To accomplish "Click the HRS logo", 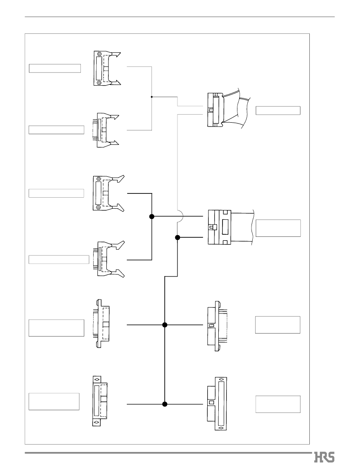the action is tap(324, 457).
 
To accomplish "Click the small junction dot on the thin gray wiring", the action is tap(152, 97).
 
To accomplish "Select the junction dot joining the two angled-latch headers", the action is tap(152, 216).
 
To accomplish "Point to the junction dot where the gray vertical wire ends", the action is tap(177, 238).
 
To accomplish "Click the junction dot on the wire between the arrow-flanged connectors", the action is tap(165, 404).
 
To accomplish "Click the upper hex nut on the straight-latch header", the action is tap(99, 54).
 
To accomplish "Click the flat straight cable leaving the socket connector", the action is tap(242, 227).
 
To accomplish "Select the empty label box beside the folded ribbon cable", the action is tap(278, 110).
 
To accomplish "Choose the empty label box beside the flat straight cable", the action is tap(278, 228).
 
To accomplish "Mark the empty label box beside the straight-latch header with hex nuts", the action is tap(54, 68).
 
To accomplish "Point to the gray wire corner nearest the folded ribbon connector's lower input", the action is tap(178, 114).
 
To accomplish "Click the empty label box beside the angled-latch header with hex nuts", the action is tap(56, 193).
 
